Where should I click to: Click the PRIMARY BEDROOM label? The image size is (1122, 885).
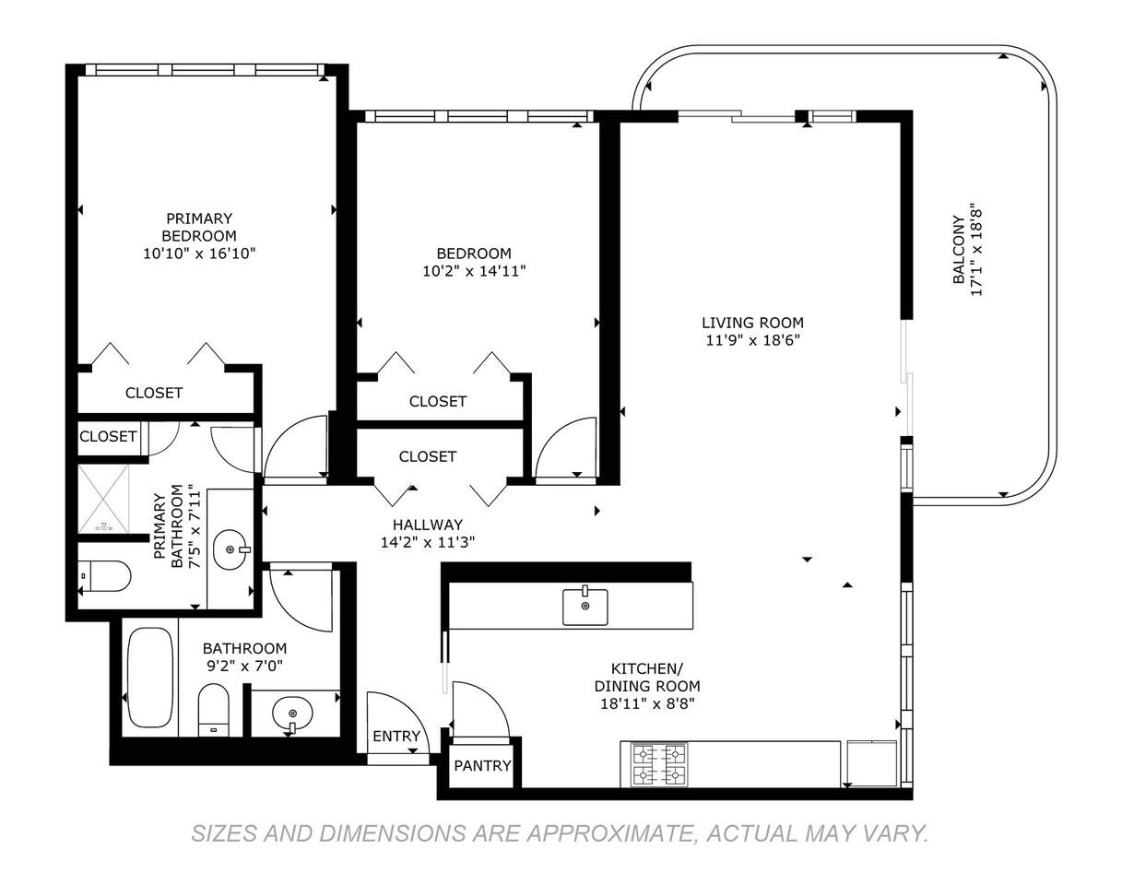(199, 227)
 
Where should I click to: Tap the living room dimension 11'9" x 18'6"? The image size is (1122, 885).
(752, 340)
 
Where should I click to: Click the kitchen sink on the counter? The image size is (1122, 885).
(585, 606)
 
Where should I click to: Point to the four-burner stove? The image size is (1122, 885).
(658, 765)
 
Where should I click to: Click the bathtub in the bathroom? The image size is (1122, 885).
(150, 678)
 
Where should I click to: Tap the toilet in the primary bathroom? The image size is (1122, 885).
(104, 576)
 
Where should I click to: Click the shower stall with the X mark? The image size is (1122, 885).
(103, 499)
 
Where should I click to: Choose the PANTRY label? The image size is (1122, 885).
(482, 765)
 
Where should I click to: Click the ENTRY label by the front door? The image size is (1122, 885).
(396, 736)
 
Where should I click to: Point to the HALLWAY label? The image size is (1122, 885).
(428, 525)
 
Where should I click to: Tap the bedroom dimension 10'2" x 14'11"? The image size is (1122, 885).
(473, 271)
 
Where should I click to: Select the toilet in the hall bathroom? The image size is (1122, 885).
(213, 710)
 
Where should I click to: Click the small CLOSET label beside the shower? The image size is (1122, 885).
(108, 436)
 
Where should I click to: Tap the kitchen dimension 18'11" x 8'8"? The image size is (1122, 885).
(647, 704)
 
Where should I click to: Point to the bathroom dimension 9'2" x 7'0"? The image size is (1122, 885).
(244, 666)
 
